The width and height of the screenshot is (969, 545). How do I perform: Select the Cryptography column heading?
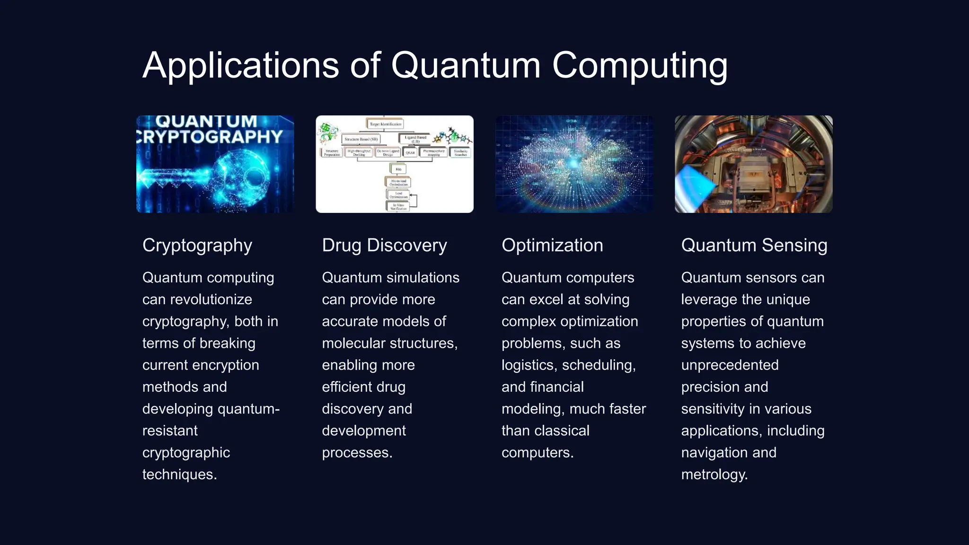(x=197, y=246)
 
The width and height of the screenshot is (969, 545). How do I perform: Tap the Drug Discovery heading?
(x=384, y=246)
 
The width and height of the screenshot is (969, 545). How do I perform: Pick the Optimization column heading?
(x=552, y=246)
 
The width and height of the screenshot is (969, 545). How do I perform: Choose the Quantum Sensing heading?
(x=754, y=246)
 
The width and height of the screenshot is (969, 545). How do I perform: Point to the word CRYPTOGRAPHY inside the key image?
(x=211, y=137)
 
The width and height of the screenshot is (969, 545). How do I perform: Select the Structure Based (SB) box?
(x=361, y=139)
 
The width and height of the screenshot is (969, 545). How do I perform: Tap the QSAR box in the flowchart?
(x=410, y=152)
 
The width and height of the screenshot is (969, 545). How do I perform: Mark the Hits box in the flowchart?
(x=398, y=169)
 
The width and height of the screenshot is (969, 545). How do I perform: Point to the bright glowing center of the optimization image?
(x=574, y=164)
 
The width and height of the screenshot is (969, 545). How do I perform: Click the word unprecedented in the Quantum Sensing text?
(x=730, y=365)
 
